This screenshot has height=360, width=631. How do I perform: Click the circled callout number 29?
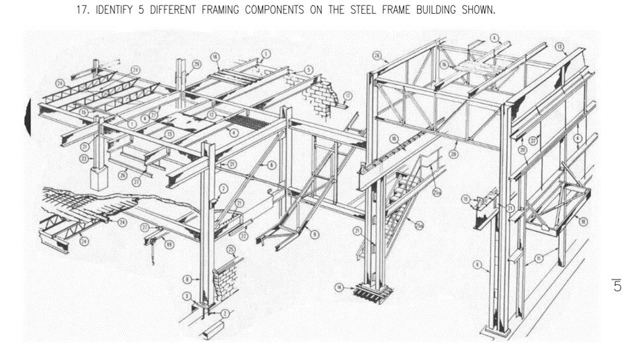[x=197, y=63]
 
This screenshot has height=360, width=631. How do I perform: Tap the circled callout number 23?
[x=84, y=158]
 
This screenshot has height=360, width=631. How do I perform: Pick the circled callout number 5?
[x=309, y=70]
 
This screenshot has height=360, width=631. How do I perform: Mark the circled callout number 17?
[x=348, y=96]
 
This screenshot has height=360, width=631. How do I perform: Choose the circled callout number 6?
[x=271, y=165]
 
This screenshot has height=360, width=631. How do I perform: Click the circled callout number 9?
[x=315, y=233]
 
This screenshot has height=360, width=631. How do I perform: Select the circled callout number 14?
[x=339, y=287]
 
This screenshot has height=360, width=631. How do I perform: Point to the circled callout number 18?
[x=583, y=222]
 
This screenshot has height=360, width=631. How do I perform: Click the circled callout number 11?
[x=539, y=258]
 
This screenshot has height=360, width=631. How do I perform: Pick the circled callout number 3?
[x=187, y=295]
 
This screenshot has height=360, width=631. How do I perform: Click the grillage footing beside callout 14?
[x=369, y=290]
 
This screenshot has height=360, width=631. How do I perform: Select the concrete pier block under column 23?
[x=100, y=179]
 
